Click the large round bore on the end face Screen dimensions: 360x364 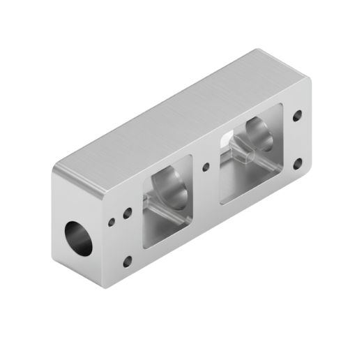click(78, 238)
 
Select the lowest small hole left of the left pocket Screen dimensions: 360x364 click(127, 262)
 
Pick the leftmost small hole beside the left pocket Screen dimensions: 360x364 click(112, 222)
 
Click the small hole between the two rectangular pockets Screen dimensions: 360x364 click(205, 167)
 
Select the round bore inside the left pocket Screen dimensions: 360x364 click(169, 183)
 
